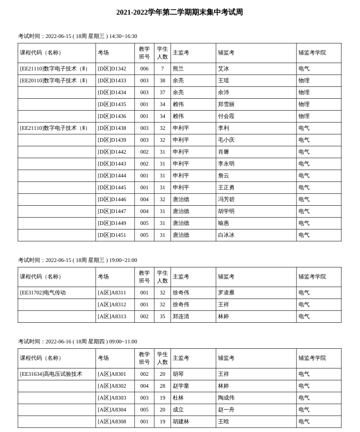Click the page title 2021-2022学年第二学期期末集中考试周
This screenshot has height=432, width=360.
click(179, 12)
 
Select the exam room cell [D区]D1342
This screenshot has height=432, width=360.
click(112, 69)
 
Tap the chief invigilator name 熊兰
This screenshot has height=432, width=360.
click(178, 69)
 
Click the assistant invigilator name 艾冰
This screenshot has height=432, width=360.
click(223, 69)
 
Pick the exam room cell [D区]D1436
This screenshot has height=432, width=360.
click(112, 116)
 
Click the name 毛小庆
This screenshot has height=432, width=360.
click(226, 140)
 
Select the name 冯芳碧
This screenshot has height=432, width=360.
click(226, 199)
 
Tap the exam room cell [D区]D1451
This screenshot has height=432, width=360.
click(112, 235)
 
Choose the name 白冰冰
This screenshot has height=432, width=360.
click(226, 235)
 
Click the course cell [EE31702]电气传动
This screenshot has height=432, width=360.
click(43, 293)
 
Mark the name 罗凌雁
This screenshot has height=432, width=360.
click(226, 293)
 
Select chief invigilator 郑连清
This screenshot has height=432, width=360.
click(181, 316)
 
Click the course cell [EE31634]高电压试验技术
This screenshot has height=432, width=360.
click(51, 374)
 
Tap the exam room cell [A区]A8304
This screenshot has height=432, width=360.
click(112, 410)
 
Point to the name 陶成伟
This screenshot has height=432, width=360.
click(226, 398)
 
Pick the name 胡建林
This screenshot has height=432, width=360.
click(181, 421)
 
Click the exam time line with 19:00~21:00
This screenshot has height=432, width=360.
click(78, 260)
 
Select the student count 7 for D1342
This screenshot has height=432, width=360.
click(162, 69)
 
